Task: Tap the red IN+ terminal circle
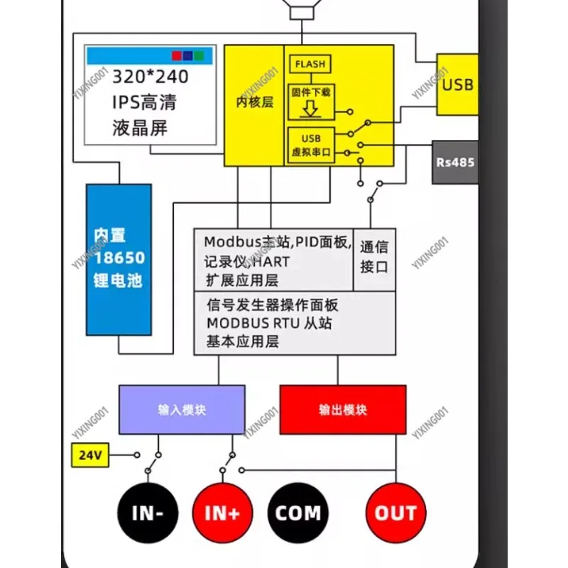click(x=222, y=513)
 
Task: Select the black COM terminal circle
click(x=297, y=513)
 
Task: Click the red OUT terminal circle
click(x=395, y=513)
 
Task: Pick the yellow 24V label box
click(x=91, y=455)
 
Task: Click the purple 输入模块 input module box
click(x=182, y=410)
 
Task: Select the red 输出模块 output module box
click(x=343, y=410)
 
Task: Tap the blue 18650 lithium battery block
click(x=119, y=259)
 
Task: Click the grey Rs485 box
click(x=454, y=162)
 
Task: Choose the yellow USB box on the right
click(x=457, y=84)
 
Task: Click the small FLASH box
click(x=310, y=64)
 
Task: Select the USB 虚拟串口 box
click(x=311, y=145)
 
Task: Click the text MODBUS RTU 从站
click(x=269, y=323)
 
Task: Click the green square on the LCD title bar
click(x=200, y=54)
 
